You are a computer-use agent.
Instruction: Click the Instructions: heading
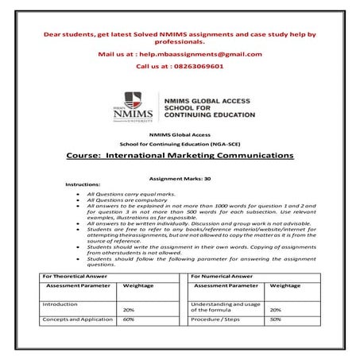click(83, 184)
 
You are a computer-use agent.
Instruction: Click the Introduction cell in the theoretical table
click(60, 304)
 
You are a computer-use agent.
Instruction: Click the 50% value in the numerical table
click(276, 319)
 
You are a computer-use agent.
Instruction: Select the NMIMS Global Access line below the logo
click(180, 135)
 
